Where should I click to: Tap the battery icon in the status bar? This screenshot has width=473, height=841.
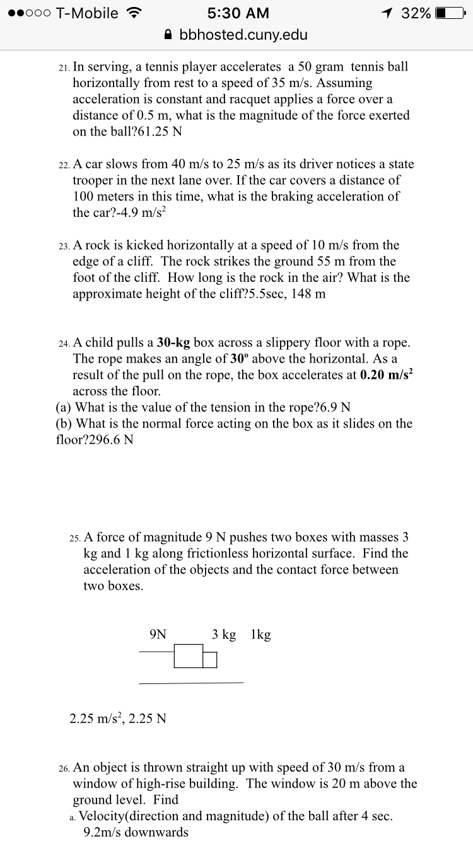[x=449, y=13]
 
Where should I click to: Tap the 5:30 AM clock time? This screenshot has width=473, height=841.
[x=238, y=13]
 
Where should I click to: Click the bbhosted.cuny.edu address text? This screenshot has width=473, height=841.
[x=243, y=35]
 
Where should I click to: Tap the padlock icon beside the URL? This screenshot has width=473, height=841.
[x=168, y=35]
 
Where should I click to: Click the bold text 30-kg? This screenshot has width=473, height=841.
[x=173, y=342]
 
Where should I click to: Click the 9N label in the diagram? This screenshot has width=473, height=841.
[x=158, y=634]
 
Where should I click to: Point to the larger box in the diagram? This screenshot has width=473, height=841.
[x=189, y=656]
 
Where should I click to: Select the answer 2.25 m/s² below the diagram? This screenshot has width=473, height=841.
[x=96, y=717]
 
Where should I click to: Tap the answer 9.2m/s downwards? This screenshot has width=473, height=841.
[x=136, y=832]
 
